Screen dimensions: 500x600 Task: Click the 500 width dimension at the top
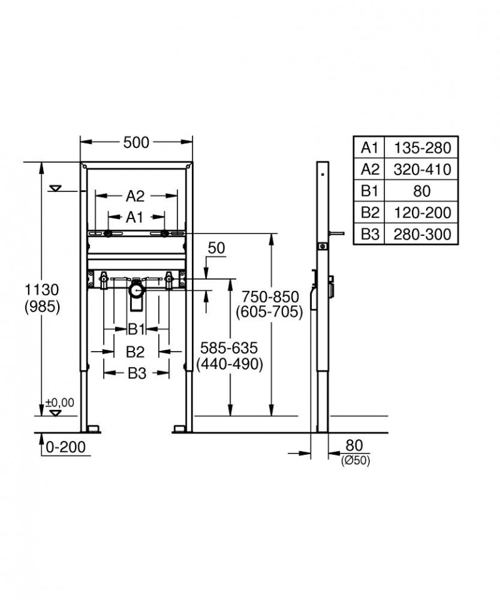pos(136,143)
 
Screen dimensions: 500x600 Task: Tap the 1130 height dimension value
pos(42,290)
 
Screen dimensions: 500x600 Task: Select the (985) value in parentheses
pos(42,307)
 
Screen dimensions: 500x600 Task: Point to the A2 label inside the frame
pos(136,196)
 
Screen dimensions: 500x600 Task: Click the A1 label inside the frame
pos(134,217)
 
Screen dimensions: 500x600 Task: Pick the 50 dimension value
pos(216,248)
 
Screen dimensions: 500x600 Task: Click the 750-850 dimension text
pos(270,297)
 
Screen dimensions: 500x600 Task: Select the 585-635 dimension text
pos(229,348)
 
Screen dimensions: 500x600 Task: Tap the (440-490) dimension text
pos(229,364)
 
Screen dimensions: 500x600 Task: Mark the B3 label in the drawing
pos(137,373)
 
